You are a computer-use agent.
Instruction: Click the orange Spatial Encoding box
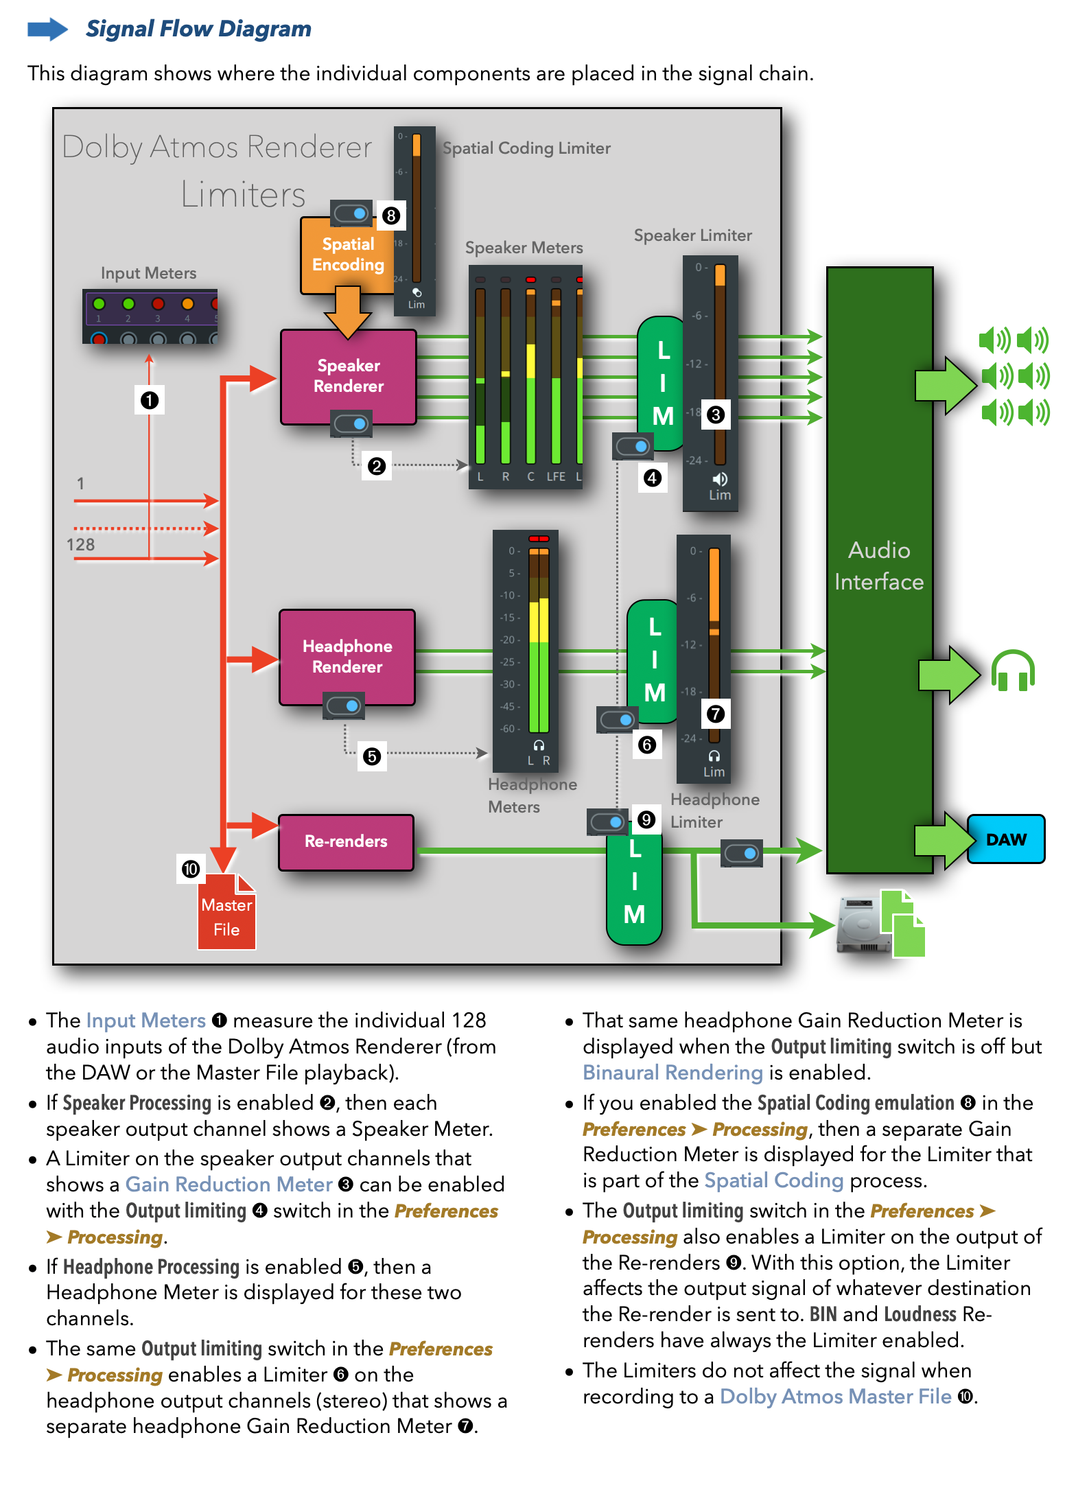click(347, 255)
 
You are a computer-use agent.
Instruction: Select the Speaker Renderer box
click(348, 376)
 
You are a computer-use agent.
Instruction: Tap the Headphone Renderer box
click(347, 657)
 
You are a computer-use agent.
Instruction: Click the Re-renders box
click(346, 841)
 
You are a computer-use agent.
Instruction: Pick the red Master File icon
click(226, 913)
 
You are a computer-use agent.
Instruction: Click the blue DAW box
click(1006, 839)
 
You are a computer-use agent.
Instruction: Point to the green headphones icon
click(1013, 671)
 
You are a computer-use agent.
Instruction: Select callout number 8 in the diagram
click(391, 215)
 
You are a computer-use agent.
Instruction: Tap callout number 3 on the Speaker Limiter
click(716, 415)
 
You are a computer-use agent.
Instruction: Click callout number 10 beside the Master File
click(191, 869)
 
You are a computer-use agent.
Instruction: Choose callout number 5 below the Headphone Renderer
click(372, 756)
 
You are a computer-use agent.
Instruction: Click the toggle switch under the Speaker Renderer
click(351, 423)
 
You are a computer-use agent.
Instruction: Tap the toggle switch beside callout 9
click(607, 821)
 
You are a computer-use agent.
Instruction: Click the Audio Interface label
click(879, 566)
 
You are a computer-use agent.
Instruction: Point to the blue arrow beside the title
click(47, 30)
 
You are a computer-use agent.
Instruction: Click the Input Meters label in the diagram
click(148, 273)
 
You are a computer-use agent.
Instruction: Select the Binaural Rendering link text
click(672, 1073)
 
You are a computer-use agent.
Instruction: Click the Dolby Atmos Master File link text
click(835, 1397)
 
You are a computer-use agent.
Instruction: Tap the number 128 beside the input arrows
click(80, 545)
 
